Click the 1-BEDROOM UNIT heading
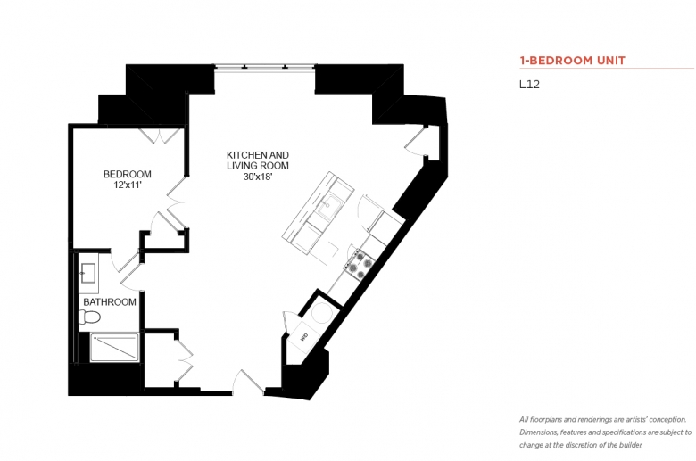click(x=572, y=61)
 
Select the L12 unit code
click(x=529, y=85)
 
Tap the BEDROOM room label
click(x=128, y=174)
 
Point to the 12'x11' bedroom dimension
click(x=128, y=185)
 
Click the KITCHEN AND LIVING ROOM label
click(x=258, y=161)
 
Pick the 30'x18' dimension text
click(x=258, y=177)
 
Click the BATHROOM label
click(x=110, y=302)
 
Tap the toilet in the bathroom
click(x=89, y=317)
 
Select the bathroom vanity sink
click(x=88, y=273)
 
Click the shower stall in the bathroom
click(x=114, y=347)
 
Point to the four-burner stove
click(x=359, y=265)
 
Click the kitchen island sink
click(x=330, y=208)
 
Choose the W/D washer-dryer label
click(x=304, y=337)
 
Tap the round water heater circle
click(x=321, y=312)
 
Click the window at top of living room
click(x=265, y=67)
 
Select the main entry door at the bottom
click(x=249, y=383)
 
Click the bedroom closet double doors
click(x=161, y=136)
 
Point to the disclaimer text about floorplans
click(x=605, y=432)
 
